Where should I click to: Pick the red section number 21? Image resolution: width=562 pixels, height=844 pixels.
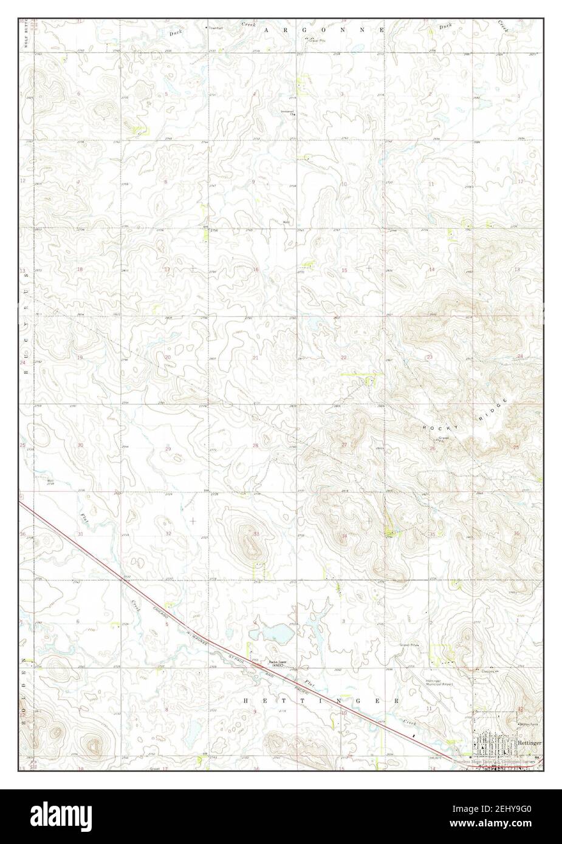pos(255,358)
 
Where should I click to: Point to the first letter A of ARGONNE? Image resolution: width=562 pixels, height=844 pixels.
pos(267,29)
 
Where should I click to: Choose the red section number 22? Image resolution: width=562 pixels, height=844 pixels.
pos(343,358)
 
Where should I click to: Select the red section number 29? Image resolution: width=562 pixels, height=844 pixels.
pos(168,448)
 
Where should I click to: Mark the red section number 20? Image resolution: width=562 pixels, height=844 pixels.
pos(168,358)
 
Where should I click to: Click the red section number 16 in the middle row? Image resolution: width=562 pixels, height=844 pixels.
pos(256,270)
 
